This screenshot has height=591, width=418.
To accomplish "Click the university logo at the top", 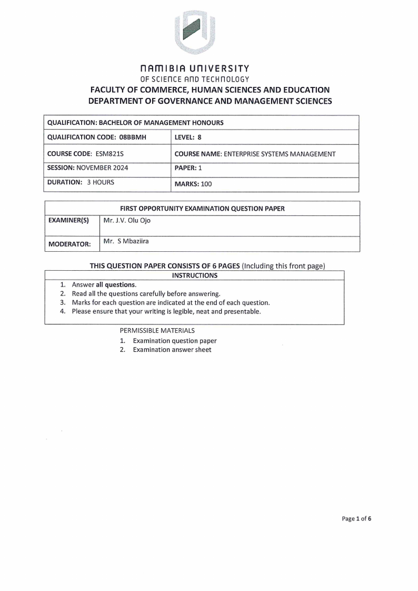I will tap(195, 33).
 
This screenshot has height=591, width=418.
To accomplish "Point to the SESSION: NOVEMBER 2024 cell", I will tap(87, 169).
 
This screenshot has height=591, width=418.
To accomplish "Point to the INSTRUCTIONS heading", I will tap(194, 275).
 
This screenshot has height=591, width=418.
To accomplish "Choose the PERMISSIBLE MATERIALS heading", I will tap(157, 330).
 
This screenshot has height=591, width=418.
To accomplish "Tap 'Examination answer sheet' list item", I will tap(172, 350).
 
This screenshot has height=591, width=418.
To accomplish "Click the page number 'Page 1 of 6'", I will tap(356, 519).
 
